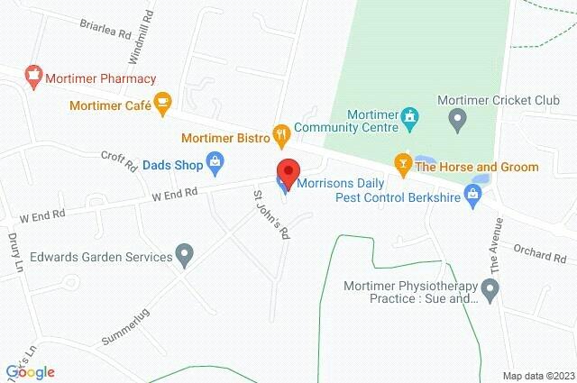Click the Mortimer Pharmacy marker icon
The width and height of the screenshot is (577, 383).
[33, 78]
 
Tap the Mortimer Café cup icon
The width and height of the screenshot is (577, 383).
[162, 105]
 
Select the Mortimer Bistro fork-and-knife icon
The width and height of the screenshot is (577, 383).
[281, 137]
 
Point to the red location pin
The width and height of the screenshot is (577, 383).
[288, 171]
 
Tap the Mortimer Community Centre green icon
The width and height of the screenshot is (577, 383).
[411, 116]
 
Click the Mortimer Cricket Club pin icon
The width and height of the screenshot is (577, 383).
[457, 117]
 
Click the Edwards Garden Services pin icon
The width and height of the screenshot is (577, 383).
[185, 257]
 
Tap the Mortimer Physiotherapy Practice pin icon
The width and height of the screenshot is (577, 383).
[490, 291]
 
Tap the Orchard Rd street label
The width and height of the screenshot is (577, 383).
[538, 253]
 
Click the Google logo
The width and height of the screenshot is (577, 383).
[30, 371]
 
